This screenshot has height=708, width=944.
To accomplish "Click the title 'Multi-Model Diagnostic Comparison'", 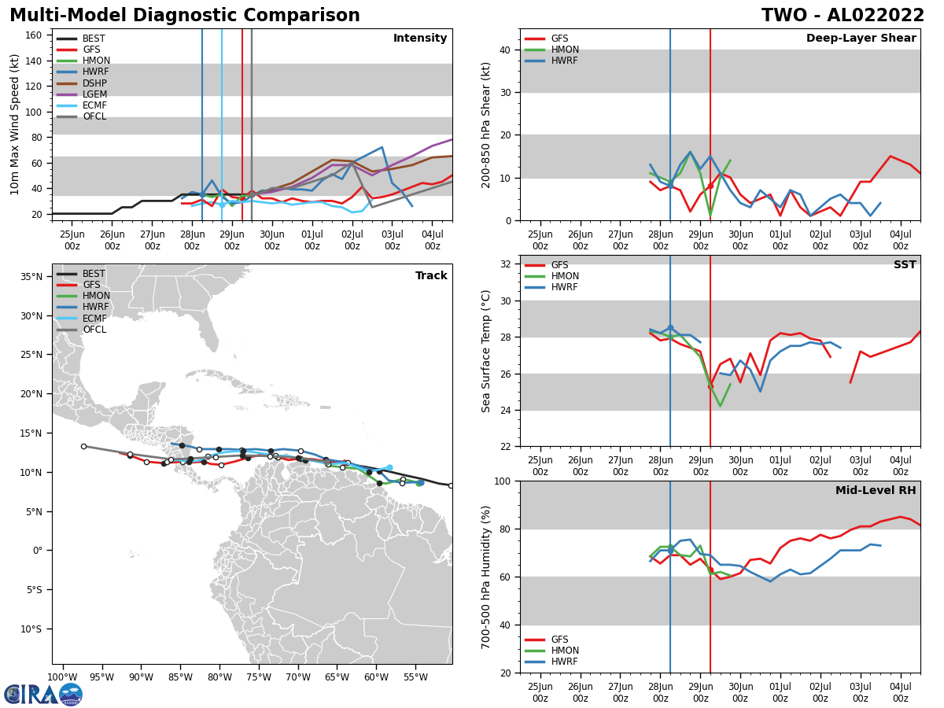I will point(184,16).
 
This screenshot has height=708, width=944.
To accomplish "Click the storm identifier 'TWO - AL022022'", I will point(843,16).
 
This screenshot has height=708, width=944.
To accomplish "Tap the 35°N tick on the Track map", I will point(32,277).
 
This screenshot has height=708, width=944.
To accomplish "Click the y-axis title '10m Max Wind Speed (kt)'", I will point(15,124).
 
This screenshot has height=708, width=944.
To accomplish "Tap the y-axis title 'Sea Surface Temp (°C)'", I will point(486,351).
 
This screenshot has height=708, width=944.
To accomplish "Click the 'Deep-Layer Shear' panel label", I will point(861,39).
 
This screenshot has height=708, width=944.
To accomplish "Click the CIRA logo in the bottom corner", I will point(43,694).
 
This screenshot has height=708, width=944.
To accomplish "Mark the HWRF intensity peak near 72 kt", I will point(382,147).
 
